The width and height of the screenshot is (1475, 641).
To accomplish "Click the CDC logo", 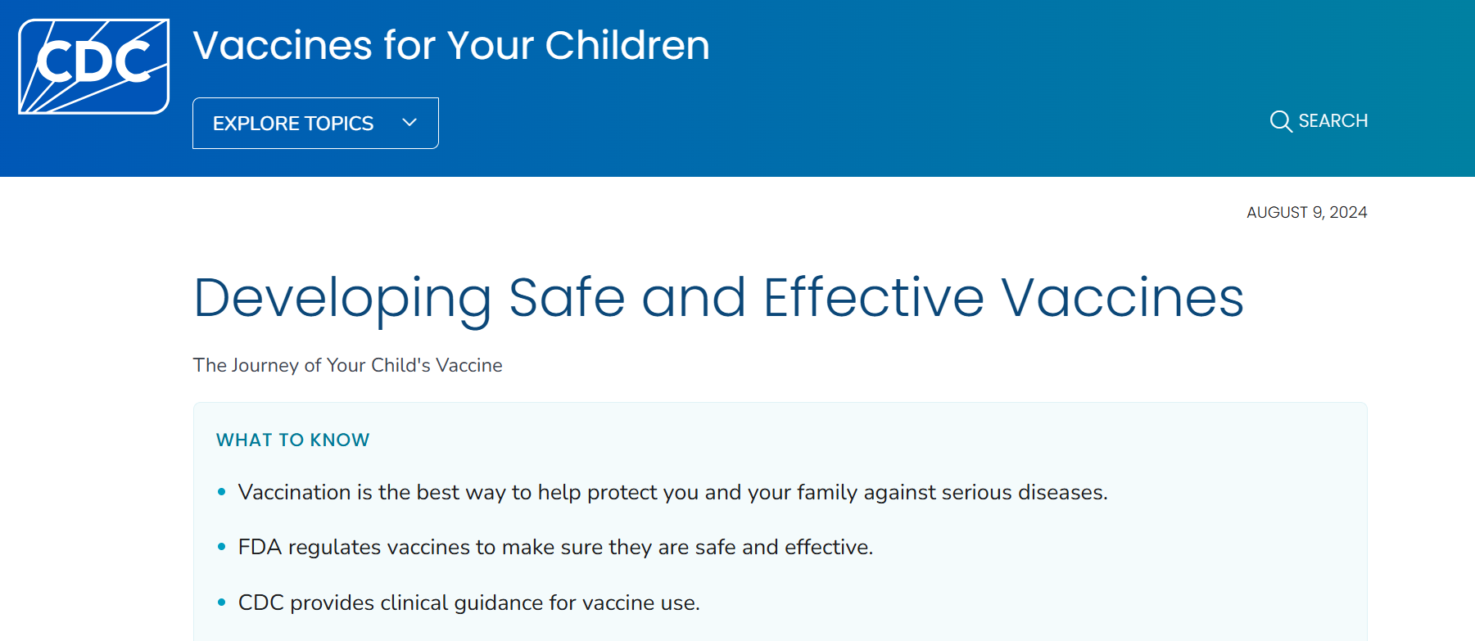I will pos(93,65).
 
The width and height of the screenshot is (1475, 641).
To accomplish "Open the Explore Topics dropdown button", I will pos(315,124).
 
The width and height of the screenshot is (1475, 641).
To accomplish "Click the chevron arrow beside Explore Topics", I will pos(409,123).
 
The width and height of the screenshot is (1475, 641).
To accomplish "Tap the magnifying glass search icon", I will pos(1280,121).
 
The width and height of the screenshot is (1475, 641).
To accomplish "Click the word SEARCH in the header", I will pos(1332,121).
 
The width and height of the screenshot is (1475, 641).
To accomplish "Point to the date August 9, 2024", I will pos(1306,213).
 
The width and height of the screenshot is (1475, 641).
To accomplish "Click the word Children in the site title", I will pos(627,46).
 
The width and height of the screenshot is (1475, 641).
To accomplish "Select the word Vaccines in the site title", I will pos(283,46).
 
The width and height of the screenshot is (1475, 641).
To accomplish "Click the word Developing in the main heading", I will pos(342,298).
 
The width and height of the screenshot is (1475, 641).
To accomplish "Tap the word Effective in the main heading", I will pos(873,298).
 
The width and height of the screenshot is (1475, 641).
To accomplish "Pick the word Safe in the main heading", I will pos(567,298).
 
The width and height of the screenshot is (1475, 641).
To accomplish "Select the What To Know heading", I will pos(292,440).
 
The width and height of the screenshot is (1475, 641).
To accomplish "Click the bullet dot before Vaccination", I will pos(221,492).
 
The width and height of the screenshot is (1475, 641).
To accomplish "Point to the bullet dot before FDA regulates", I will pos(221,547).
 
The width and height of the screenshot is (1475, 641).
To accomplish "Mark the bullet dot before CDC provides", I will pos(221,603).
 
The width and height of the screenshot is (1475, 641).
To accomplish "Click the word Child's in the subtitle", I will pos(400,366).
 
